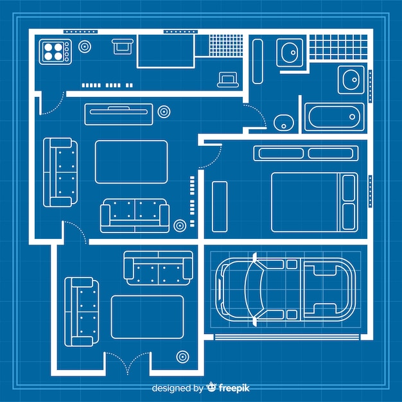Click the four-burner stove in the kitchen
pyautogui.click(x=55, y=51)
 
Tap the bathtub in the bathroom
pyautogui.click(x=335, y=117)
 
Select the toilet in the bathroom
pyautogui.click(x=284, y=123)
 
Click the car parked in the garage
pyautogui.click(x=285, y=290)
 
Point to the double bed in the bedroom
pyautogui.click(x=315, y=202)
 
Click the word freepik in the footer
pyautogui.click(x=234, y=388)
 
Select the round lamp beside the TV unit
pyautogui.click(x=164, y=112)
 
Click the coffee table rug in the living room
pyautogui.click(x=131, y=162)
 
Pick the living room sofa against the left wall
pyautogui.click(x=60, y=172)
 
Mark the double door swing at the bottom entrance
pyautogui.click(x=128, y=363)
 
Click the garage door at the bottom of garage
pyautogui.click(x=287, y=337)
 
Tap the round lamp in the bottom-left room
pyautogui.click(x=182, y=357)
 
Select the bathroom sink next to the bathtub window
pyautogui.click(x=351, y=80)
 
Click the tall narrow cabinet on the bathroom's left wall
pyautogui.click(x=258, y=62)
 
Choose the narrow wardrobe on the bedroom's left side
pyautogui.click(x=220, y=207)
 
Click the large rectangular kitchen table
pyautogui.click(x=166, y=51)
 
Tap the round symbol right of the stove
pyautogui.click(x=85, y=47)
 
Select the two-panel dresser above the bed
pyautogui.click(x=306, y=153)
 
